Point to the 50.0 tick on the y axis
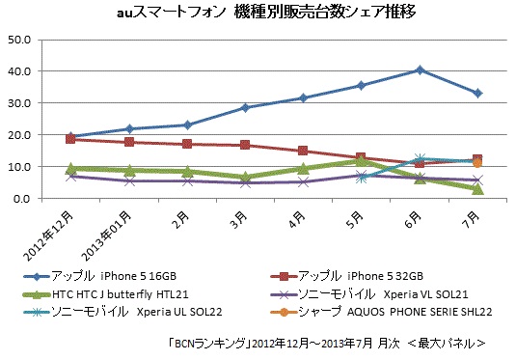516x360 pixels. [x=19, y=40]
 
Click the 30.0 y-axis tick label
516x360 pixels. [x=19, y=103]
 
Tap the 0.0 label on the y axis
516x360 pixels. [x=21, y=198]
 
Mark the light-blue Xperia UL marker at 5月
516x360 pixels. [x=362, y=178]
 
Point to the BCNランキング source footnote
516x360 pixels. [x=325, y=342]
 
